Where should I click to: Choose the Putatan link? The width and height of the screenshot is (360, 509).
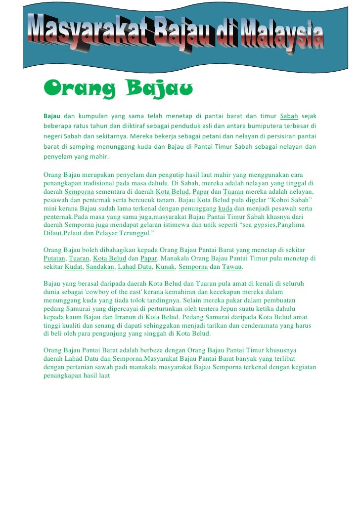tap(54, 258)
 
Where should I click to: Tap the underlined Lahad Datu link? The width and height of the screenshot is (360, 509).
tap(134, 267)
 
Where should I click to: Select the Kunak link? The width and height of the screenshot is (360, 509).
tap(164, 267)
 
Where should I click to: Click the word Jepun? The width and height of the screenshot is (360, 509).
tap(234, 309)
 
